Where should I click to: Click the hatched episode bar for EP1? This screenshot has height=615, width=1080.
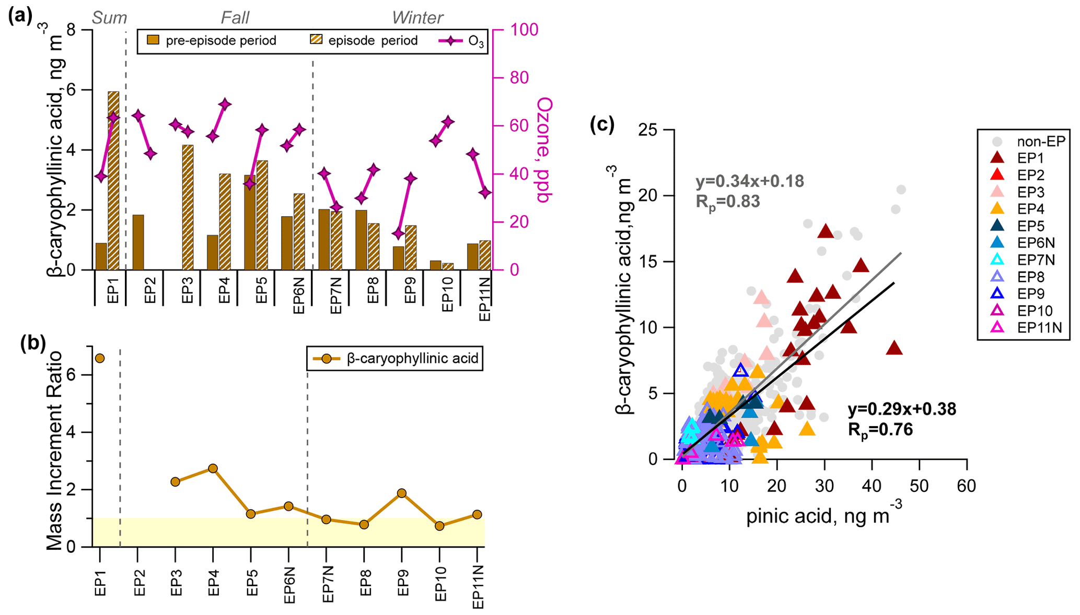coord(113,181)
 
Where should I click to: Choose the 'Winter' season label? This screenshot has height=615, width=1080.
coord(417,18)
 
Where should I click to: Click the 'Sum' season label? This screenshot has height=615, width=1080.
coord(109,18)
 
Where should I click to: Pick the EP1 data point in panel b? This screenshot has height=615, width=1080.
coord(100,358)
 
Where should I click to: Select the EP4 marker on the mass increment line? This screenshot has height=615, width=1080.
coord(213,468)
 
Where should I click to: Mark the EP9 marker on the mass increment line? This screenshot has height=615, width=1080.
coord(402,493)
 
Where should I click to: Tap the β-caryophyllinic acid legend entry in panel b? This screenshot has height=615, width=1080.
coord(395,359)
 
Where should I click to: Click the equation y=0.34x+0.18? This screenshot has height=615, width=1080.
coord(749,181)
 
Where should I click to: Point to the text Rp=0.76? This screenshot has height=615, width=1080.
coord(880,430)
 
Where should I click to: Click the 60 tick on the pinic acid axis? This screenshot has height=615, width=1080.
coord(966,486)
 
